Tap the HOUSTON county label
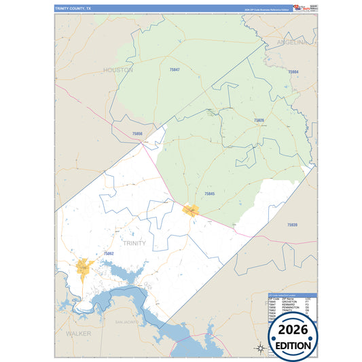pos(118,70)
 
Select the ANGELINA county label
pos(291,42)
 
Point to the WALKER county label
pos(79,334)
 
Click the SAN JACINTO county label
pos(127,321)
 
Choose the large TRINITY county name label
pos(134,242)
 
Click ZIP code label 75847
pos(175,70)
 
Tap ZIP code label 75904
pos(293,71)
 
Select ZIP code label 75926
pos(259,120)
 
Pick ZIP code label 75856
pos(137,134)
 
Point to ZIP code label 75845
pos(209,194)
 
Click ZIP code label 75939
pos(292,224)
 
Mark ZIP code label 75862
pos(109,253)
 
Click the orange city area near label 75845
pos(192,210)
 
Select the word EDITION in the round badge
pos(293,345)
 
